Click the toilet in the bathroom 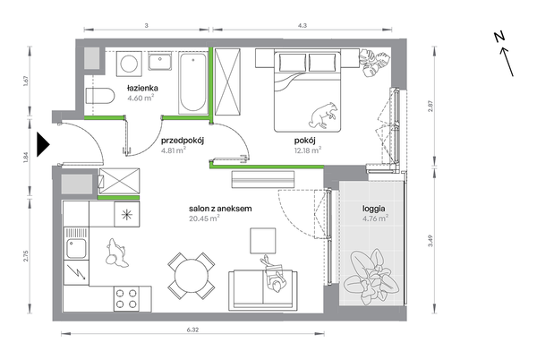point(99,96)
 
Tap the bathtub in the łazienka point(192,83)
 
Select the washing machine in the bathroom point(129,64)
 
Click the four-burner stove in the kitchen point(126,299)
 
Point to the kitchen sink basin point(76,248)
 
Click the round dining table point(192,276)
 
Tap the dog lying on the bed point(323,116)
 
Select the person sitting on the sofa point(273,274)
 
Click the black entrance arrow point(43,144)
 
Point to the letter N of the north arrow point(499,37)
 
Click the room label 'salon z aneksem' point(220,209)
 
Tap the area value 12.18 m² point(308,150)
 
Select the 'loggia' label point(373,209)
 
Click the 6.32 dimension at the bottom point(192,330)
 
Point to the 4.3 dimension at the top point(303,25)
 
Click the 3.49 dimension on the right point(430,241)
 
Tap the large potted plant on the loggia point(372,277)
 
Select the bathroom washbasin point(160,62)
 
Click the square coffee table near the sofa point(262,241)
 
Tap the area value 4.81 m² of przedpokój point(174,150)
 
